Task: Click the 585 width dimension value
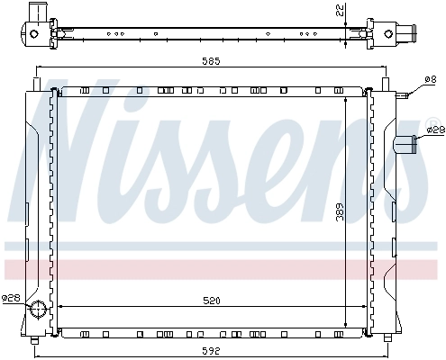213,61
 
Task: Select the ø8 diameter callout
429,80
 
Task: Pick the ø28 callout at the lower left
11,297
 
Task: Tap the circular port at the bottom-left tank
39,310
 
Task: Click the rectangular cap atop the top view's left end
37,12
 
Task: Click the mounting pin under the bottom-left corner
36,340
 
